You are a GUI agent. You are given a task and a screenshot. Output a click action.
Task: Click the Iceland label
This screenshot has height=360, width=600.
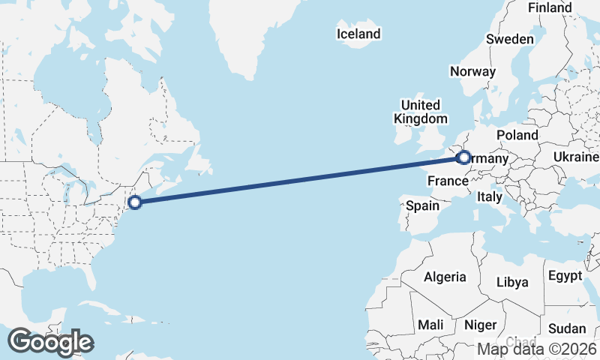click(x=358, y=34)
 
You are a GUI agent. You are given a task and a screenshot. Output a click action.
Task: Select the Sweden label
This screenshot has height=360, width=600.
click(x=510, y=39)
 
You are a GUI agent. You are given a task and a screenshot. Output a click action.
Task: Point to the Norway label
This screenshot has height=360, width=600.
click(x=472, y=71)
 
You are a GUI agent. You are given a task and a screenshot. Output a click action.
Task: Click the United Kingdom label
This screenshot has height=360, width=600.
click(x=420, y=111)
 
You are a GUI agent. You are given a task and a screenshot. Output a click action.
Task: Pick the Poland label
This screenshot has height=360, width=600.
click(x=517, y=135)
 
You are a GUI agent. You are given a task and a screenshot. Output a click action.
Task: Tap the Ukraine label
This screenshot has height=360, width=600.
click(x=576, y=157)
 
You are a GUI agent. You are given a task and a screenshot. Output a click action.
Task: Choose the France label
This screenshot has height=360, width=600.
click(x=448, y=181)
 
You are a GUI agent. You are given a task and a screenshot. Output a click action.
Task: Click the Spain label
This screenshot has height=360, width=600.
click(x=422, y=205)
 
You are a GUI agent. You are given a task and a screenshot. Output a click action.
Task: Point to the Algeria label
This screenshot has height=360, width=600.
click(x=445, y=277)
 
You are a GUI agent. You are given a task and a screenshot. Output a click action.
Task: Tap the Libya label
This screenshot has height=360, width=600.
click(x=513, y=282)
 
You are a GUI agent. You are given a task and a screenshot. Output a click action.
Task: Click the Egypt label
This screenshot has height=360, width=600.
click(x=565, y=275)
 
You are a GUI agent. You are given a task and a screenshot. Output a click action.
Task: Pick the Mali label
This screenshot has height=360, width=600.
click(x=430, y=325)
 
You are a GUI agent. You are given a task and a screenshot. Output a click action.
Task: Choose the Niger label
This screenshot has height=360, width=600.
click(x=481, y=325)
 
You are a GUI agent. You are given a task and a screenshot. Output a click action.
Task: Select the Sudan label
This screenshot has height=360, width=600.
click(x=567, y=328)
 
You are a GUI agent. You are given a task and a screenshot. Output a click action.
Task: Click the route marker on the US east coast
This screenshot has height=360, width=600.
click(x=135, y=202)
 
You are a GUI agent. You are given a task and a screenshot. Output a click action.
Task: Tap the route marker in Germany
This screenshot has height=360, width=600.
click(x=463, y=157)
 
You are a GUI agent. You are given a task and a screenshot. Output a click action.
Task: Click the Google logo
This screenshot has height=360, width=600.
click(x=51, y=342)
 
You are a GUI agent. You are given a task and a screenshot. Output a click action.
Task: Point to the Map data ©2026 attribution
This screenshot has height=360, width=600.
click(x=536, y=349)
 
